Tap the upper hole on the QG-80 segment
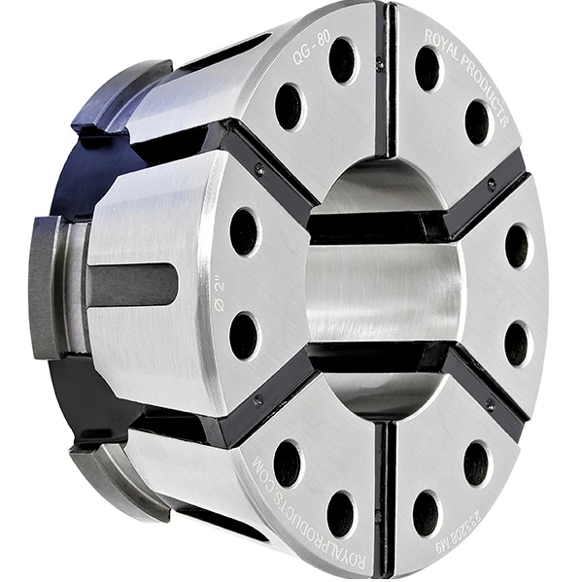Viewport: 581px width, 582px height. click(x=341, y=60)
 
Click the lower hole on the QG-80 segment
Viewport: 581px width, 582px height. click(x=289, y=106)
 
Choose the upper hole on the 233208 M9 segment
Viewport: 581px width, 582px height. click(x=476, y=463)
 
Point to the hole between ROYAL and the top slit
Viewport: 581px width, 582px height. click(x=427, y=68)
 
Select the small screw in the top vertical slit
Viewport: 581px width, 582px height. click(x=379, y=64)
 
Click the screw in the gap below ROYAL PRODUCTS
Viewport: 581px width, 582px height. click(x=491, y=183)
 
